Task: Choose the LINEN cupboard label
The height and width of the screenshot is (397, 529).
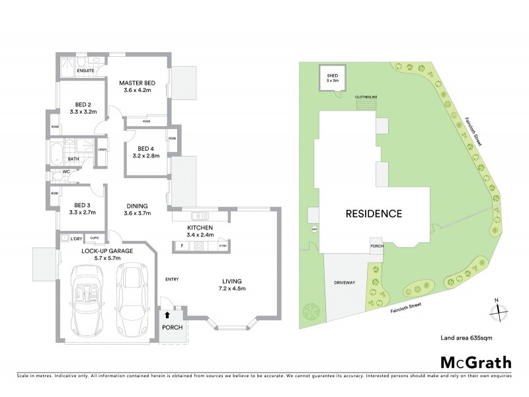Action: coord(102,149)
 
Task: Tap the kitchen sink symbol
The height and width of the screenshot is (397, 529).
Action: coord(199,216)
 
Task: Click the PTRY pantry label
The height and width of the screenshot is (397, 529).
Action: coord(223,246)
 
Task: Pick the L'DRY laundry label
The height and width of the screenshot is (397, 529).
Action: coord(76,238)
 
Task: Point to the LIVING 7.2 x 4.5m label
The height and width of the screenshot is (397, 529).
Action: coord(234,285)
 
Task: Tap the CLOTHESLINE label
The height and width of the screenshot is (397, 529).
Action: coord(366,96)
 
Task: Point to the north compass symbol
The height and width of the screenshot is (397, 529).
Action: coord(496,310)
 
